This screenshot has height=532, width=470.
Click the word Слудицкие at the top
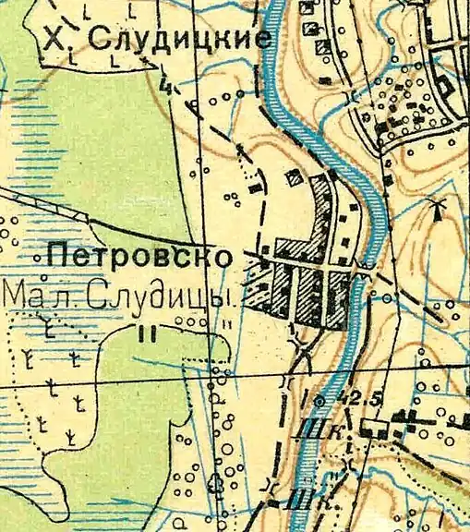click(183, 39)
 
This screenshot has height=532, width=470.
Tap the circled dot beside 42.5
click(319, 402)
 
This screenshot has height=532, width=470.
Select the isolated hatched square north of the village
click(295, 176)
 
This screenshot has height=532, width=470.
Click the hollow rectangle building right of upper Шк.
click(373, 428)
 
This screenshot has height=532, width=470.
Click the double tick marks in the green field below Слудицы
click(144, 334)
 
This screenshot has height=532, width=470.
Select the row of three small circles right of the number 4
click(225, 95)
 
